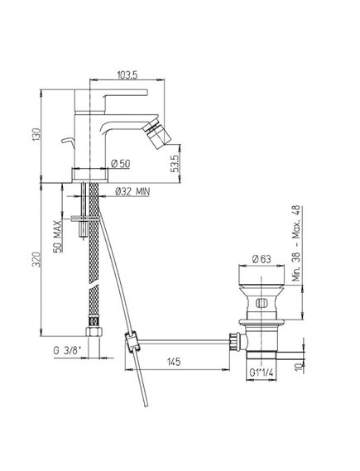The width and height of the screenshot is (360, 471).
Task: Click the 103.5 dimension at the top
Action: pyautogui.click(x=127, y=74)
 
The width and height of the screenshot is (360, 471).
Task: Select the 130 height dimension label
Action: pyautogui.click(x=36, y=135)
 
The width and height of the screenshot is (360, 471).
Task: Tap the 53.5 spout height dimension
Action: pyautogui.click(x=175, y=163)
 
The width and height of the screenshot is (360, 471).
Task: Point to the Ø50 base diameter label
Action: pyautogui.click(x=120, y=164)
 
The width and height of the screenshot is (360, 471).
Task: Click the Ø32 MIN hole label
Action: pyautogui.click(x=132, y=192)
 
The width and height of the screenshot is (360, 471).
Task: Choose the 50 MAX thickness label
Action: pyautogui.click(x=58, y=236)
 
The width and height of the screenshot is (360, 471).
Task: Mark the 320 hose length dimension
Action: pyautogui.click(x=36, y=260)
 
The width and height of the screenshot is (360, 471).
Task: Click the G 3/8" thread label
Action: pyautogui.click(x=68, y=350)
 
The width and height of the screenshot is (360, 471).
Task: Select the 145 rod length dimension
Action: pyautogui.click(x=174, y=362)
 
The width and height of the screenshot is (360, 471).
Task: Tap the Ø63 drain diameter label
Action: pyautogui.click(x=262, y=259)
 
